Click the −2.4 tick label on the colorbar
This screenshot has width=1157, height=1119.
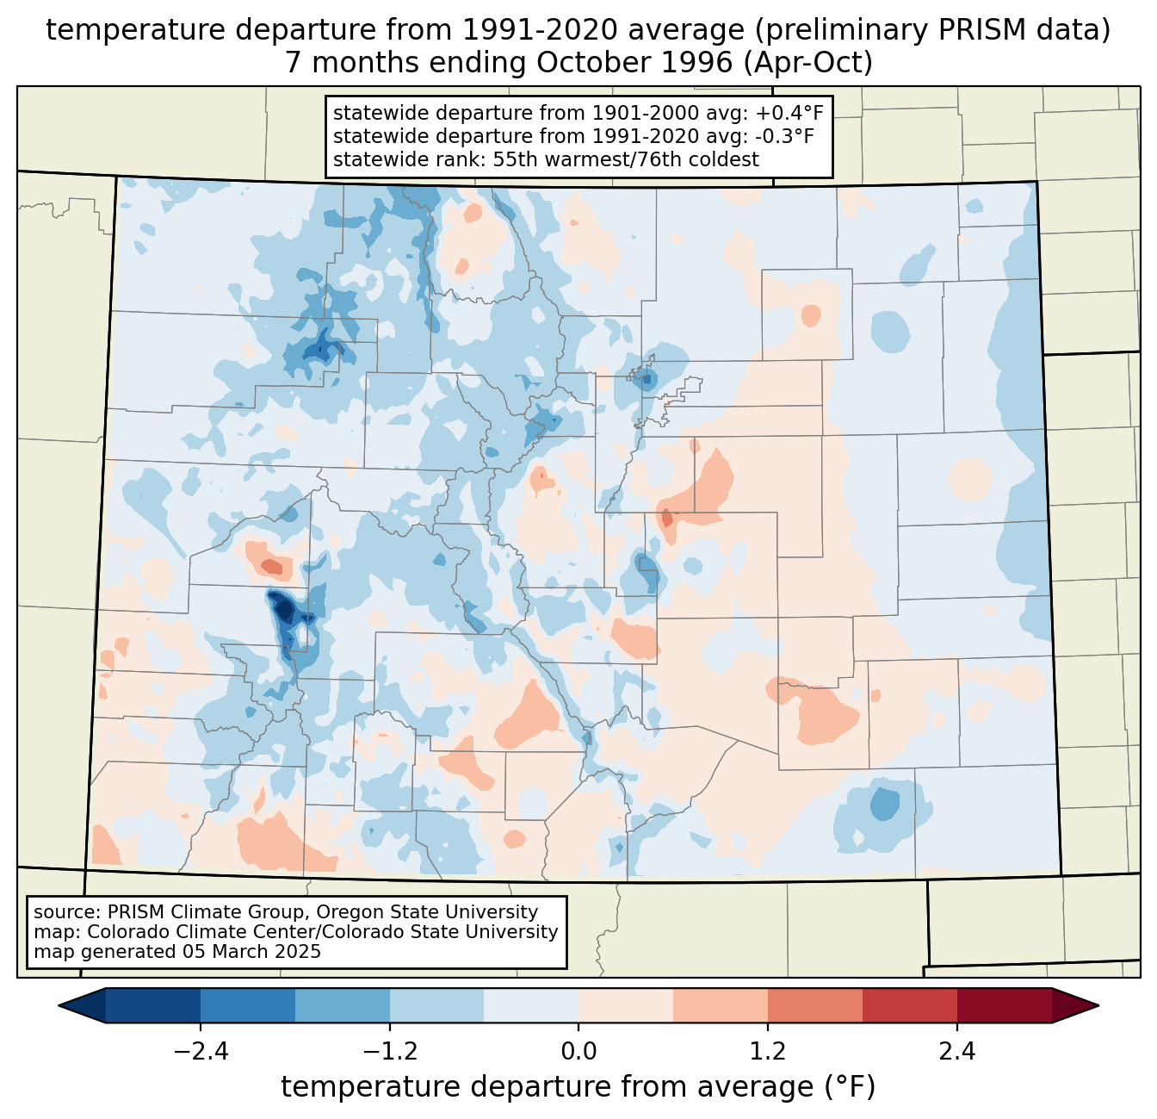tap(201, 1052)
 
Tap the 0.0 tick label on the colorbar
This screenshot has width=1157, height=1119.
tap(578, 1052)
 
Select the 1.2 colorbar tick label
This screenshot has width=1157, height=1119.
tap(768, 1052)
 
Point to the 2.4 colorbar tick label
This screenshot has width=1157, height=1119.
tap(956, 1052)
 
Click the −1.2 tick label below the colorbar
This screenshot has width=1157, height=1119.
tap(390, 1052)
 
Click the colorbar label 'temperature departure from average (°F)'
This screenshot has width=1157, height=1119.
tap(578, 1087)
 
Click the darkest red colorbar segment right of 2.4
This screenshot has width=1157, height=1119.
tap(1004, 1005)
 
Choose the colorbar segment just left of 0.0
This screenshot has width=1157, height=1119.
tap(531, 1005)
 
